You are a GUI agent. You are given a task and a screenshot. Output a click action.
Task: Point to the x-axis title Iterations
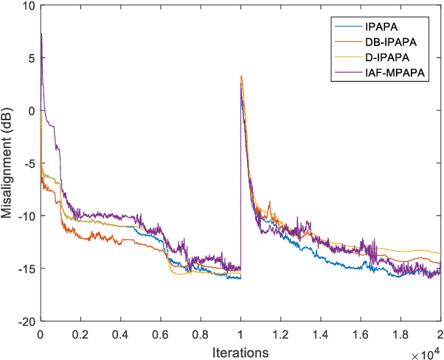[240, 352]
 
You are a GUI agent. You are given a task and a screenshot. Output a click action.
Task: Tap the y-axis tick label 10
[29, 7]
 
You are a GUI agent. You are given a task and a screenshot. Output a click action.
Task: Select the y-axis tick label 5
[32, 59]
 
